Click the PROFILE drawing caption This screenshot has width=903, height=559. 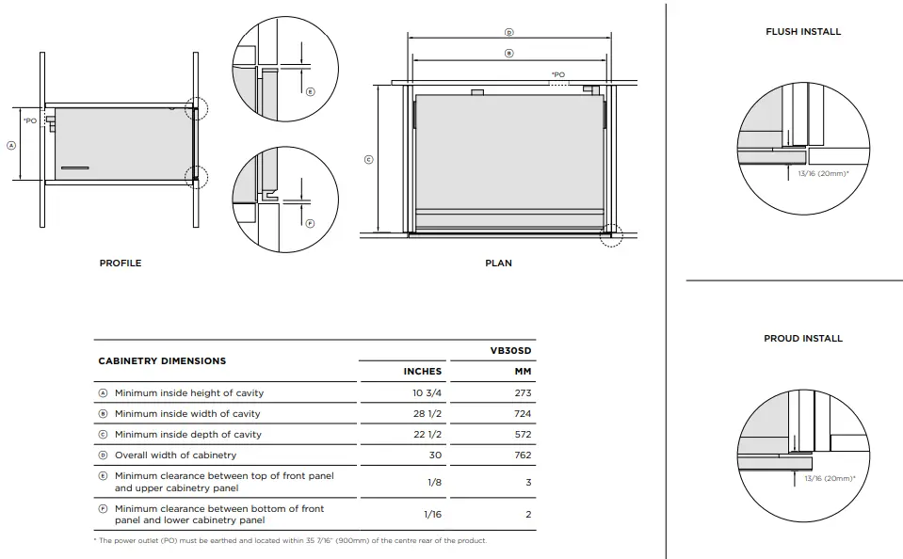(x=121, y=264)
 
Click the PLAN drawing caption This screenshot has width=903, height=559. (x=498, y=264)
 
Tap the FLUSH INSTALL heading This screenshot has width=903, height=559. (x=803, y=32)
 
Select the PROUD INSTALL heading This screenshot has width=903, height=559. (x=803, y=339)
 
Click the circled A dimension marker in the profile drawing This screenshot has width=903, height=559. (x=11, y=146)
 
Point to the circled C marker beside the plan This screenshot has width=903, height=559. (x=368, y=160)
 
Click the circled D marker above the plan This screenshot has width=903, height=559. (x=509, y=33)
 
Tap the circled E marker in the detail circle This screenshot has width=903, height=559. (x=310, y=91)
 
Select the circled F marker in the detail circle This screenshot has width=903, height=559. (x=310, y=223)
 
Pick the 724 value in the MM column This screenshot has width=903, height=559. (x=523, y=414)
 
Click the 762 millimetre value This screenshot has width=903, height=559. (x=523, y=455)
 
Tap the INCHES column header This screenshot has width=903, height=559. (x=423, y=372)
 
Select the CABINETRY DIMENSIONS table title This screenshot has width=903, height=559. (x=162, y=361)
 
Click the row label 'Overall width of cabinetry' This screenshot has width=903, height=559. (x=175, y=455)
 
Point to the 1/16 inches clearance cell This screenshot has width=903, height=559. (x=432, y=515)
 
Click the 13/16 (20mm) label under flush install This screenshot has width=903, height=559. (x=823, y=174)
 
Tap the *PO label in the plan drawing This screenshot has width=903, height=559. (x=558, y=74)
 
